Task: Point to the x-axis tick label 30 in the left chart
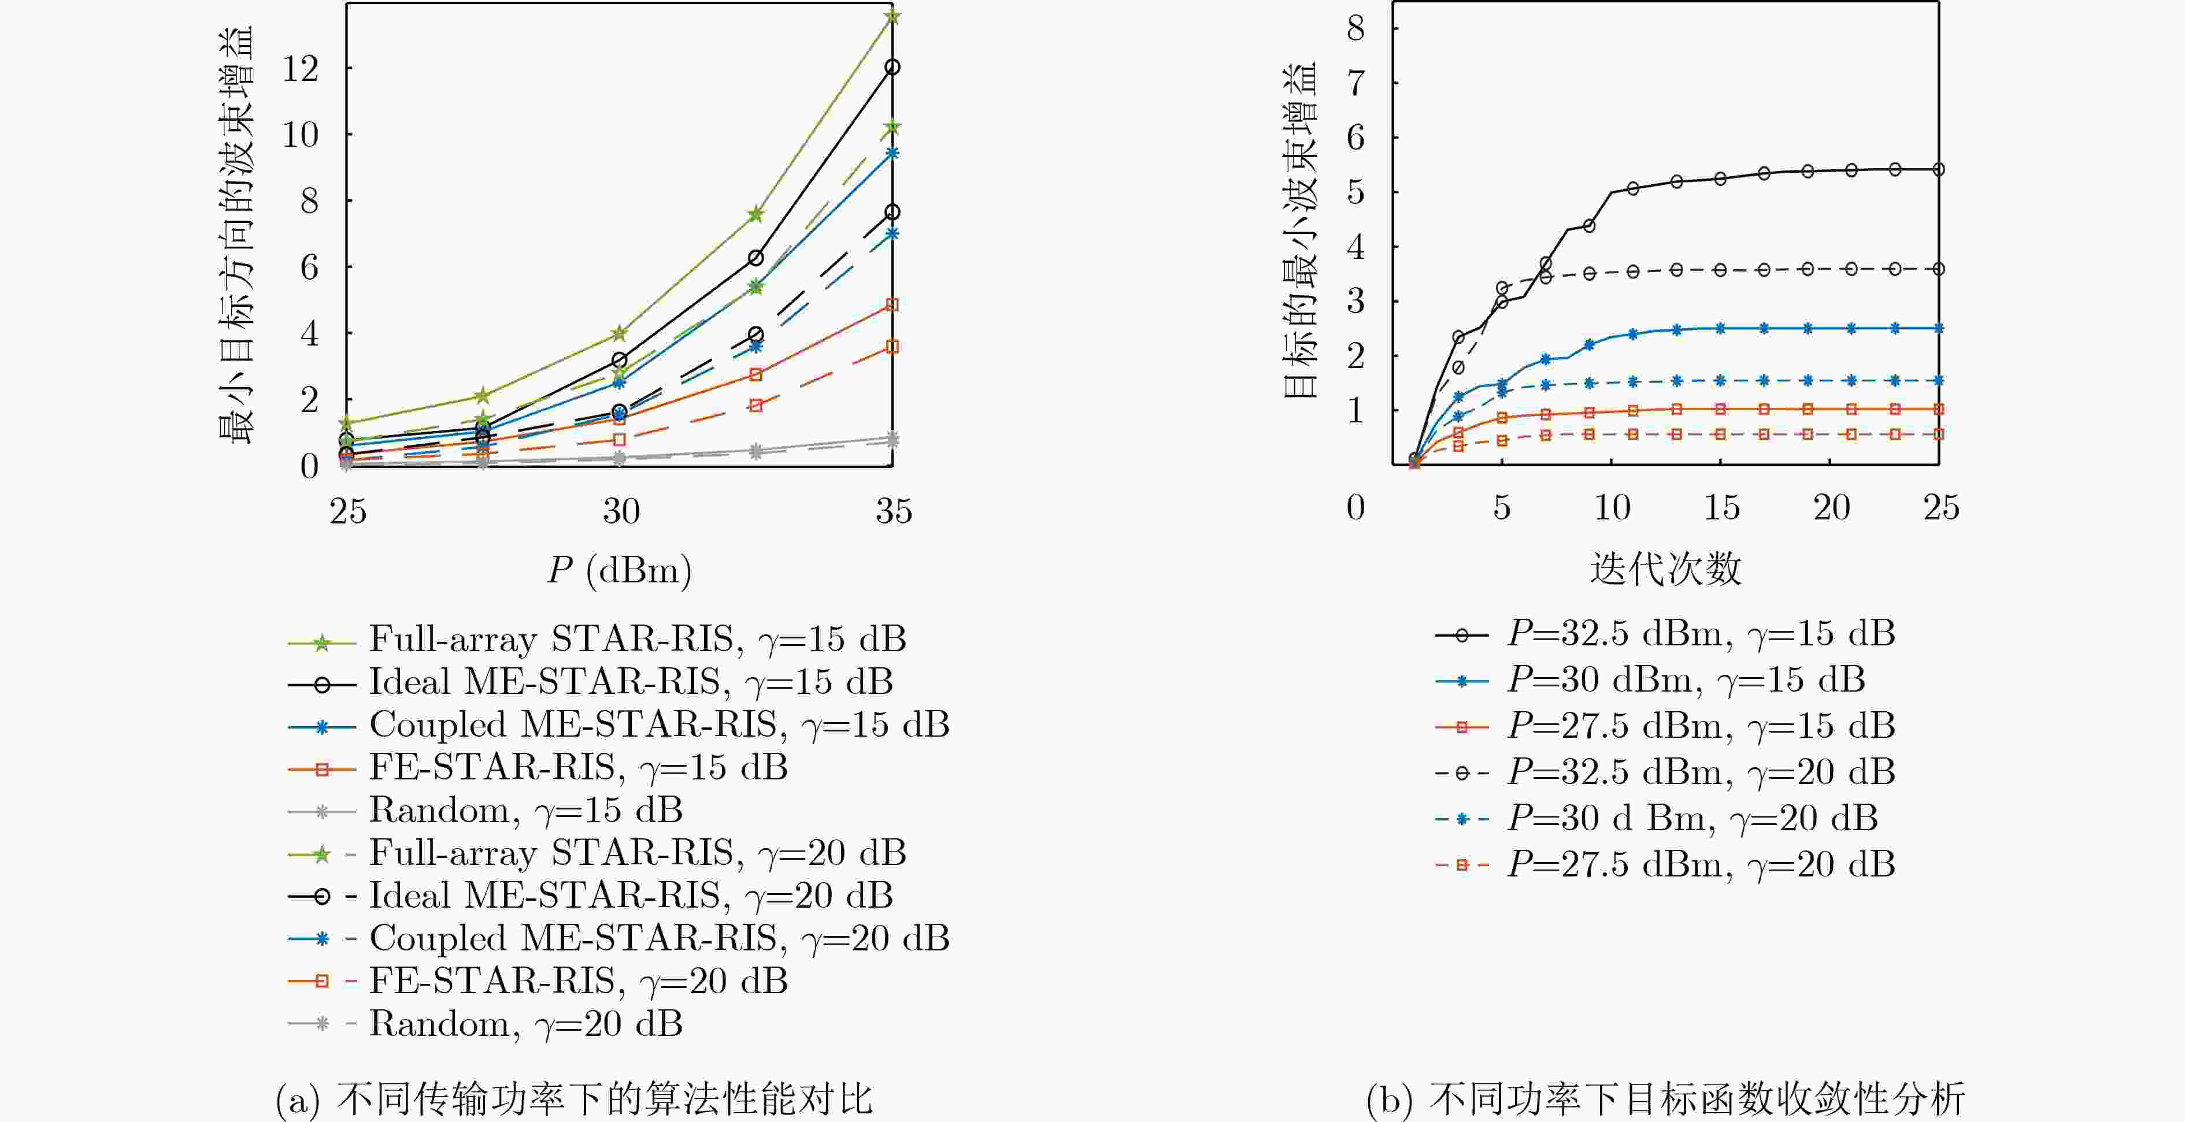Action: point(621,511)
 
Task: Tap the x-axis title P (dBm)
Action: point(619,570)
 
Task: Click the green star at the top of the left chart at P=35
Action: point(891,17)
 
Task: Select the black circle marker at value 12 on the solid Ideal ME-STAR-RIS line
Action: point(891,67)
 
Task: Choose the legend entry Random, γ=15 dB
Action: point(485,811)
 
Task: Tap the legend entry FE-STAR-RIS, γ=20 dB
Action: point(538,981)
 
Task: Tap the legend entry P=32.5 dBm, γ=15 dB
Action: point(1665,634)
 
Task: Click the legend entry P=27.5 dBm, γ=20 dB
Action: point(1665,865)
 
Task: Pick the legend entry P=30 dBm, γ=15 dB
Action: point(1650,680)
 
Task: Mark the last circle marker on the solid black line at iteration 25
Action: point(1938,170)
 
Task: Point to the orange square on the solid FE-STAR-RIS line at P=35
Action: point(891,304)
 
